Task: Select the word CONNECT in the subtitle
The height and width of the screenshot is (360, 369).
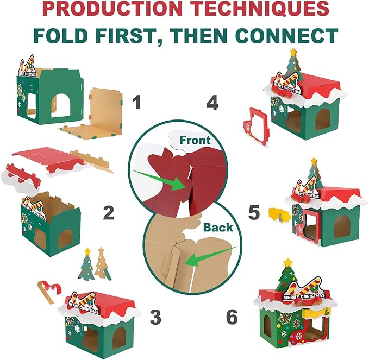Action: pos(286,36)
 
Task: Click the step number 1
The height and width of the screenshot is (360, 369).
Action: pos(136,103)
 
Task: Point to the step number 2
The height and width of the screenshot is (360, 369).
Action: pos(109,212)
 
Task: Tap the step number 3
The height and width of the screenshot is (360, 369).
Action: pos(155,317)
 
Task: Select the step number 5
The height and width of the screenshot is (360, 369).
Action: pos(254,212)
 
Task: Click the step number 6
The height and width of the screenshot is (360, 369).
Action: pos(232,317)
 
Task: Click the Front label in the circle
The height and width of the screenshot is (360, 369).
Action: pos(195,140)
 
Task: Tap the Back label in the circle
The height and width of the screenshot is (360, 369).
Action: pos(218,228)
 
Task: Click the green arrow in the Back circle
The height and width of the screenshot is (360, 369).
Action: pos(211,256)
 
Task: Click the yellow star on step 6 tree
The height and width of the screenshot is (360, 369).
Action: pos(287,262)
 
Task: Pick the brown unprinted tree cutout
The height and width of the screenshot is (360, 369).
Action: pos(102,263)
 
